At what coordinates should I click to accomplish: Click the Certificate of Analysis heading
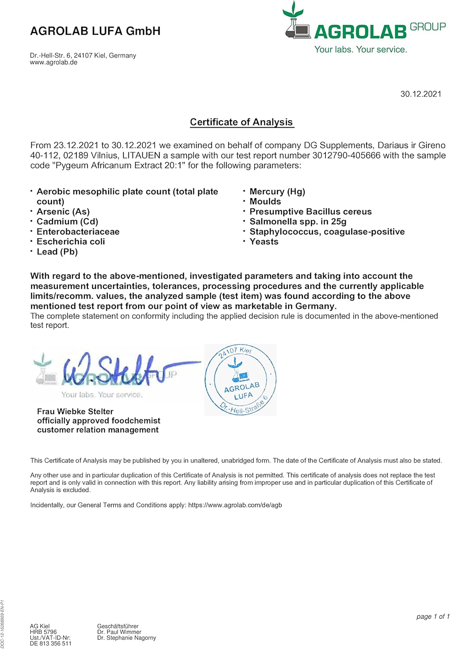(241, 122)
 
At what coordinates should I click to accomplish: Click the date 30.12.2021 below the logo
(421, 94)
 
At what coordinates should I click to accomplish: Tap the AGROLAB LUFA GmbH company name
(95, 31)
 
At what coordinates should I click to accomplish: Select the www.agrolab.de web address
(54, 62)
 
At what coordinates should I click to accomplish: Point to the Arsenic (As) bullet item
(63, 212)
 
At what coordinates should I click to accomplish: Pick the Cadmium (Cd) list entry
(67, 222)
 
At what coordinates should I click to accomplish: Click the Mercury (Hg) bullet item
(277, 192)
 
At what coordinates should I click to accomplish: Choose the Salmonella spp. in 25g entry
(298, 222)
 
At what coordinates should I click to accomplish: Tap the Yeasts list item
(264, 242)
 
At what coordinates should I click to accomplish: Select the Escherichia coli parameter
(71, 242)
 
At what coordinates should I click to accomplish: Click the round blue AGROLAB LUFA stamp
(241, 380)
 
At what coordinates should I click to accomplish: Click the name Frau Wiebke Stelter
(75, 411)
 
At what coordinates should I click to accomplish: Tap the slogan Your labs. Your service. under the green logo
(360, 50)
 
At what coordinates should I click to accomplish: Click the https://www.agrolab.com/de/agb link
(235, 505)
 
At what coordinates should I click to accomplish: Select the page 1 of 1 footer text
(433, 617)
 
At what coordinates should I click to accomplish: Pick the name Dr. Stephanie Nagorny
(126, 638)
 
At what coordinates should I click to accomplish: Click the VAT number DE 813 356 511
(51, 643)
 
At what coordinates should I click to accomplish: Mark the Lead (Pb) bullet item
(57, 252)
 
